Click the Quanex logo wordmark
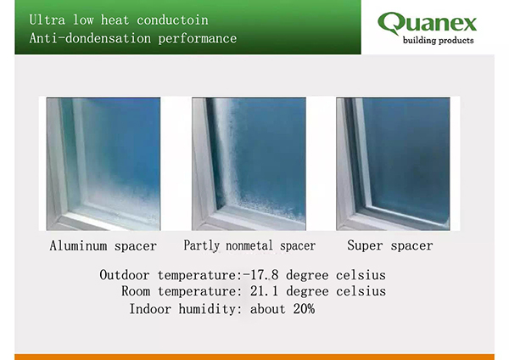coord(427,23)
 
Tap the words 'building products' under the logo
coord(439,40)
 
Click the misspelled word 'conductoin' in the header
coord(172,20)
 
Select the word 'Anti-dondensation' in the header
coord(90,38)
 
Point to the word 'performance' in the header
coord(198,38)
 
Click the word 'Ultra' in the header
coord(47,20)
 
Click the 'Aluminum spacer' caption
coord(103,245)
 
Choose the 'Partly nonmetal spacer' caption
coord(249,245)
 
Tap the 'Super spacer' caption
coord(390,245)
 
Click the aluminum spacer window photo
coord(103,164)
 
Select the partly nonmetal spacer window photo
coord(249,164)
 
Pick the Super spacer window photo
coord(393,164)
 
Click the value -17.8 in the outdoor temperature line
coord(260,275)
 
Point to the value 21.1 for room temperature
coord(264,291)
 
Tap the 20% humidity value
coord(304,309)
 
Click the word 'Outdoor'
coord(125,275)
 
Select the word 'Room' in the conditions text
coord(136,291)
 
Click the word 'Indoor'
coord(150,309)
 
